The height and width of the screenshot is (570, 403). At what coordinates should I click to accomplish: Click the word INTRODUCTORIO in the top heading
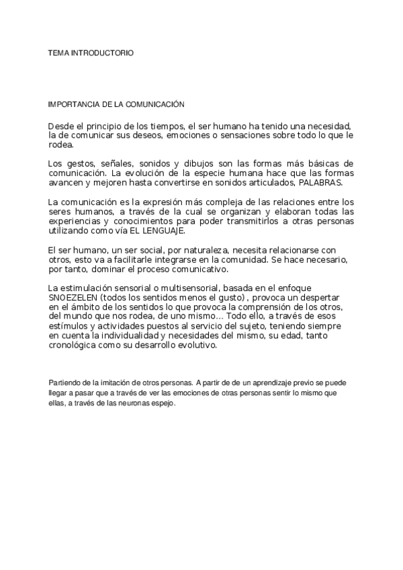click(101, 52)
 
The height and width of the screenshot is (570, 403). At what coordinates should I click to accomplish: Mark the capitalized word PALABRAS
click(322, 182)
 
